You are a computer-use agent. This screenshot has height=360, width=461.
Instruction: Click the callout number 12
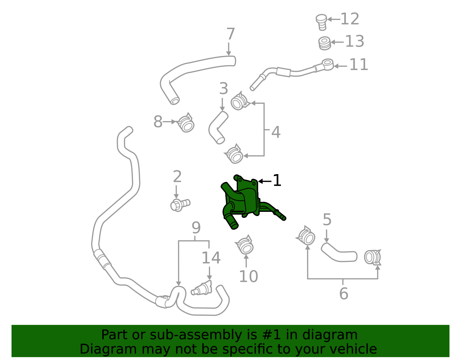tap(350, 19)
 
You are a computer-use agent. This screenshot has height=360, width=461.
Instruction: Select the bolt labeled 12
tap(322, 22)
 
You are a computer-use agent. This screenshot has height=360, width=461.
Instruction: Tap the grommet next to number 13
tap(325, 43)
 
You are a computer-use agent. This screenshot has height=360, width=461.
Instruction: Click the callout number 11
tap(359, 65)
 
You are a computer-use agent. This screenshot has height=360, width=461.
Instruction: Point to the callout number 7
tap(231, 34)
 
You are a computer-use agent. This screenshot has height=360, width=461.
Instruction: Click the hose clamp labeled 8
tap(186, 123)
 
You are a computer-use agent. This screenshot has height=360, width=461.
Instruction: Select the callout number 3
tap(224, 88)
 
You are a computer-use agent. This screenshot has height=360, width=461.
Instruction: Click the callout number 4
tap(276, 132)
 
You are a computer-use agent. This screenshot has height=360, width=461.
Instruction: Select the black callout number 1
tap(277, 181)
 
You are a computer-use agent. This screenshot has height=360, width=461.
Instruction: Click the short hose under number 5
tap(339, 253)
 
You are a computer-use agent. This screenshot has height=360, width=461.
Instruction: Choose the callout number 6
tap(343, 294)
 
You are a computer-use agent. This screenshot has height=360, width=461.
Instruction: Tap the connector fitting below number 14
tap(202, 288)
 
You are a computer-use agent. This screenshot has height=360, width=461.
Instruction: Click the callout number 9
tap(196, 228)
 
